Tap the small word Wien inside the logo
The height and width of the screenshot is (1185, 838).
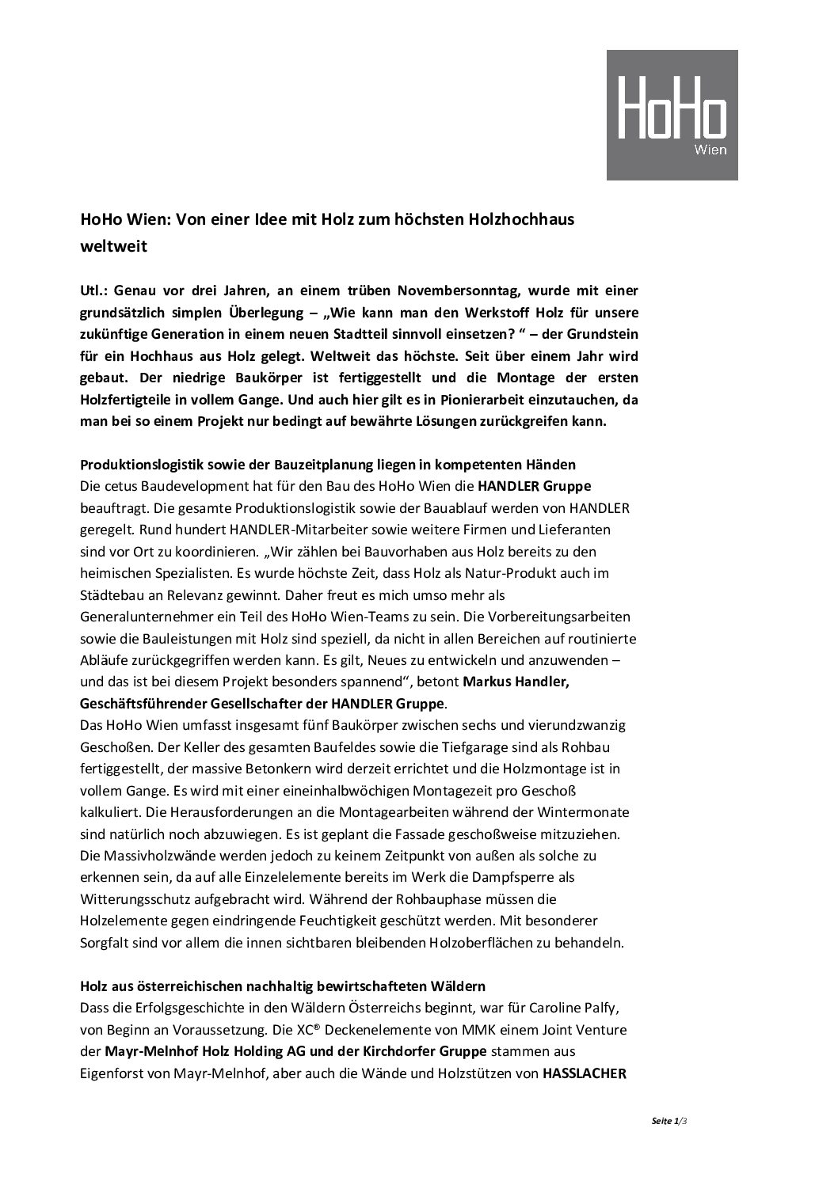(x=710, y=150)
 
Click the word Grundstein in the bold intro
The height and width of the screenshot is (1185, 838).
(x=608, y=333)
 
